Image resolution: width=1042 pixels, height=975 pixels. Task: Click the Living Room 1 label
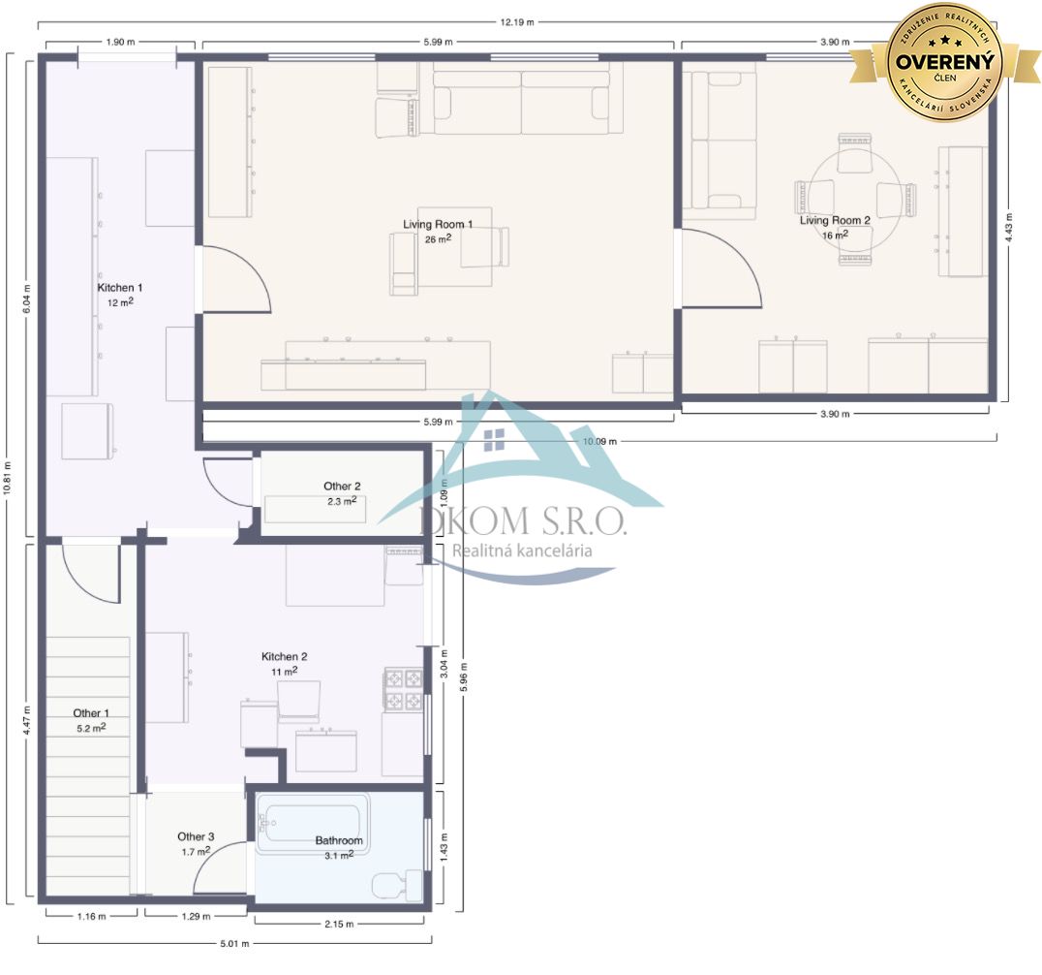(x=438, y=224)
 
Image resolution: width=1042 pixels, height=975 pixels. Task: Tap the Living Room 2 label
(x=835, y=220)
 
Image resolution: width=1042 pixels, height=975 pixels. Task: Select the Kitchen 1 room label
(x=120, y=287)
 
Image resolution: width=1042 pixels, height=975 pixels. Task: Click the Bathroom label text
(x=339, y=840)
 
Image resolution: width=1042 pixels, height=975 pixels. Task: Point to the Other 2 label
(x=342, y=487)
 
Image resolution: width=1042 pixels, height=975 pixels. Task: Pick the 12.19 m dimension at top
(x=517, y=22)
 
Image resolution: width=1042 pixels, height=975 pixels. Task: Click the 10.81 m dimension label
(x=8, y=478)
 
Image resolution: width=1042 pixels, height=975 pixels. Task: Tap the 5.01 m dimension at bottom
(x=234, y=943)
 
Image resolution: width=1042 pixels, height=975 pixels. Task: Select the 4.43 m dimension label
(x=1009, y=227)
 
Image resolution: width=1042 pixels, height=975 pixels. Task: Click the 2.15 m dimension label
(x=339, y=923)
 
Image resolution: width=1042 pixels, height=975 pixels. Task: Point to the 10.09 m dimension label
(x=599, y=441)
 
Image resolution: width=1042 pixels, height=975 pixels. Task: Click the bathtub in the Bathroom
(x=312, y=825)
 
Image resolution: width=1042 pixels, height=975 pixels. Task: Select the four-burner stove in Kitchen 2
(x=404, y=690)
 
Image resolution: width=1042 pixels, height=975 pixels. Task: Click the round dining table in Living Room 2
(x=855, y=199)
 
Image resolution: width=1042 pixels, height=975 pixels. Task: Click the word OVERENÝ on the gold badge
(x=944, y=62)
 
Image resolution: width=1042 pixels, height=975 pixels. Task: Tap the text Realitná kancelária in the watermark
(x=522, y=550)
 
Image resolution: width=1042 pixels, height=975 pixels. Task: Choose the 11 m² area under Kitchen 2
(x=284, y=671)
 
